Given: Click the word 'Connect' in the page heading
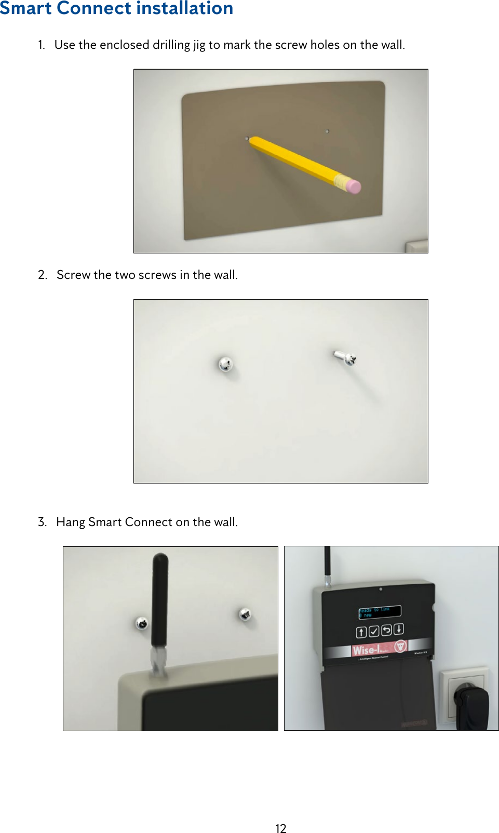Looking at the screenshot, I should click(94, 8).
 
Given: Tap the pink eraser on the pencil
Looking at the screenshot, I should click(353, 186).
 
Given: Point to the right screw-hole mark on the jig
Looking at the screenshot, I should click(327, 131).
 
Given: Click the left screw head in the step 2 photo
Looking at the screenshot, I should click(225, 364).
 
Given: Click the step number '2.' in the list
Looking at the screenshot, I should click(43, 275).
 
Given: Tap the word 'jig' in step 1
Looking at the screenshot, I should click(199, 46).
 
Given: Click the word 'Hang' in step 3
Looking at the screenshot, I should click(70, 522).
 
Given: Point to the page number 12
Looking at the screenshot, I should click(281, 828).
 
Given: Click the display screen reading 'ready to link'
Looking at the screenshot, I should click(380, 612).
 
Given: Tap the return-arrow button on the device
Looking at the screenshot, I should click(386, 630).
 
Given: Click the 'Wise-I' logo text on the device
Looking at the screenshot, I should click(366, 650).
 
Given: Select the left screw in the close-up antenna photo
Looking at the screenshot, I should click(142, 623).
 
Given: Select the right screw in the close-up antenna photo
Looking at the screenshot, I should click(245, 615).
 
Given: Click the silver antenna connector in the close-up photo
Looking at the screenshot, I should click(158, 662).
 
